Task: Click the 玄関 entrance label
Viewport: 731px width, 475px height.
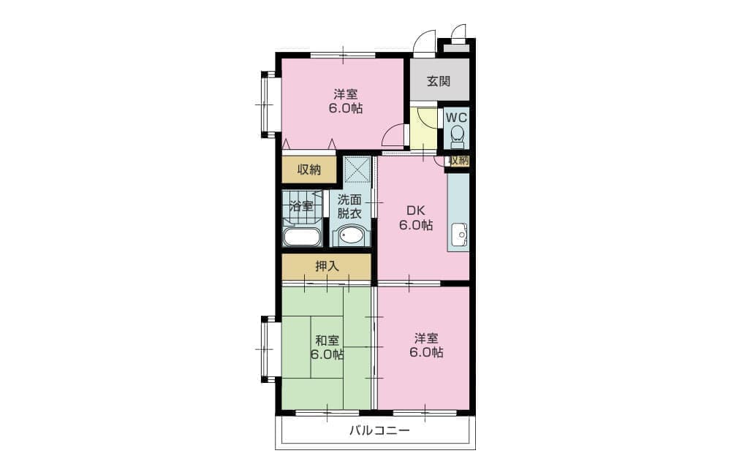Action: (439, 81)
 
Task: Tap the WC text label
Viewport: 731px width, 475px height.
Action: (456, 117)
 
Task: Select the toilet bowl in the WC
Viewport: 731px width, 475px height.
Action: (458, 136)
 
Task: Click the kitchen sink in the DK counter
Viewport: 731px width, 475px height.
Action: (459, 234)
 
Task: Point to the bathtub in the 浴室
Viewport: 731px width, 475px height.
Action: (302, 236)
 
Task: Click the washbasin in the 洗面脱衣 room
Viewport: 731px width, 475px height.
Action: (351, 236)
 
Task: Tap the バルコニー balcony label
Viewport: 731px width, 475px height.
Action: (380, 430)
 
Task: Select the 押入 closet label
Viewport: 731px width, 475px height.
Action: (327, 266)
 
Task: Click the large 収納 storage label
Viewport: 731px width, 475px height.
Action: (309, 170)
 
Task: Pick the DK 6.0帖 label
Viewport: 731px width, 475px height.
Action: (415, 218)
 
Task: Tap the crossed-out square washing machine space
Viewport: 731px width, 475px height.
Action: (357, 169)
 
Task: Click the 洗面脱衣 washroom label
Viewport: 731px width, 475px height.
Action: (349, 207)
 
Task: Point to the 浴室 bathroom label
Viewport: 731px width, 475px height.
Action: (301, 206)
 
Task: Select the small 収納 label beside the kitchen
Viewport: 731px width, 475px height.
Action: (459, 160)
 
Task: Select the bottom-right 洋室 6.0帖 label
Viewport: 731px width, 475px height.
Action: (427, 346)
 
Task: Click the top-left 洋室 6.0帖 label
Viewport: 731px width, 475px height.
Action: (346, 102)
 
